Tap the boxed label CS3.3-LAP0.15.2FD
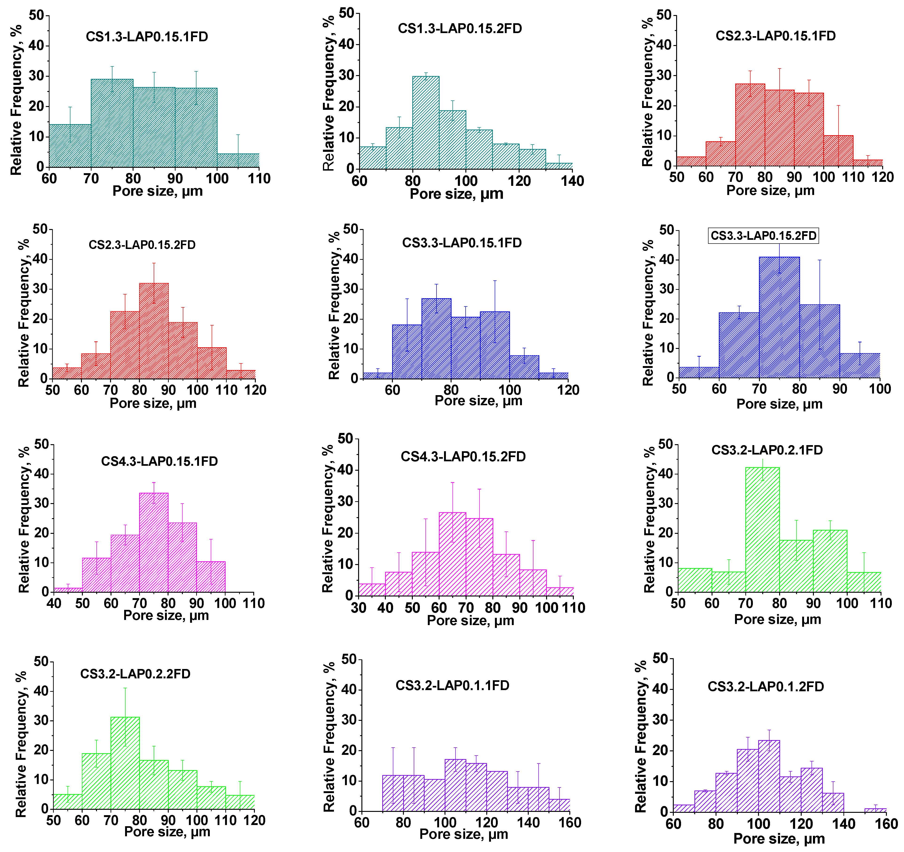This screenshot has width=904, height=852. tap(763, 236)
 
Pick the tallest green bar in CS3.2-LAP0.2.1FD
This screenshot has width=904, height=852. tap(762, 530)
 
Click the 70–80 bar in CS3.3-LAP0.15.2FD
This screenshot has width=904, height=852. tap(779, 317)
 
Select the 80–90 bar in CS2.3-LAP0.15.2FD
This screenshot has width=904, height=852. tap(154, 331)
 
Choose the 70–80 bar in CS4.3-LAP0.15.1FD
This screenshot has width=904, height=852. tap(154, 543)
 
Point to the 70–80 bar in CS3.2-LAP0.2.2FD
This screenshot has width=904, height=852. tap(125, 763)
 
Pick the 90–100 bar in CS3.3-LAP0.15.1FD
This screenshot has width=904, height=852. tap(495, 345)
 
